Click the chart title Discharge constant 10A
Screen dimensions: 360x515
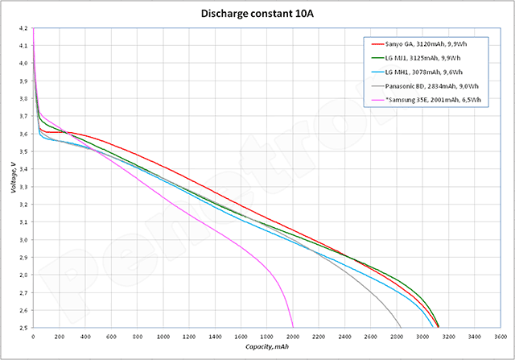257,14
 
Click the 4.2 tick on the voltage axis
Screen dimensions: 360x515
25,28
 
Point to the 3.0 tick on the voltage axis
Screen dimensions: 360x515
25,240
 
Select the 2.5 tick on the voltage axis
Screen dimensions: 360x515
25,329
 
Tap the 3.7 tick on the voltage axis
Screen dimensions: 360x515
25,117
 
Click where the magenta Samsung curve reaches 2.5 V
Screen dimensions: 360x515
292,328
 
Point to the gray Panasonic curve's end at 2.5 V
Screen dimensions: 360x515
400,328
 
